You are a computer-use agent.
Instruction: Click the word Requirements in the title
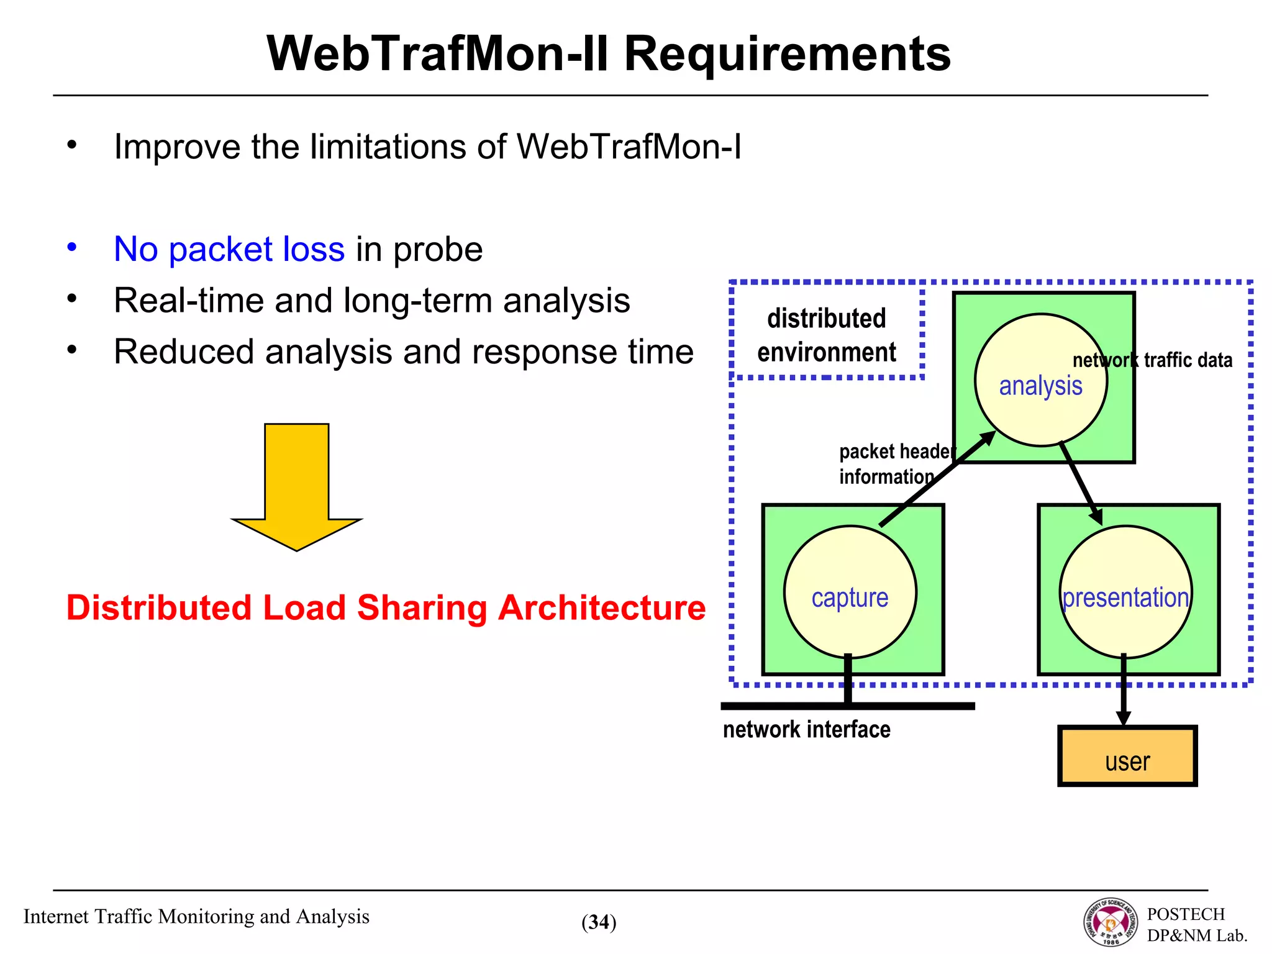point(787,55)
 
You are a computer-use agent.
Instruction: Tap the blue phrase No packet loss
point(229,250)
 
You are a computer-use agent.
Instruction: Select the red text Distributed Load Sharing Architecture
point(386,607)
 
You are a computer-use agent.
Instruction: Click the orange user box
point(1127,756)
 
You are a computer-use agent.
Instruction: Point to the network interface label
point(806,729)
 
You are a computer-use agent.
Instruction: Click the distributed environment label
point(826,335)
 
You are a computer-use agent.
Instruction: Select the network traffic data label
point(1152,360)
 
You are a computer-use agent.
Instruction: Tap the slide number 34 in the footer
point(599,922)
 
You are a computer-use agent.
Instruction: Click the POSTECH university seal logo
point(1111,923)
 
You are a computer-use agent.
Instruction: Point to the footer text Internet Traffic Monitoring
point(196,917)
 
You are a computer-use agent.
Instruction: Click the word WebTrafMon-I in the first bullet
point(629,148)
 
